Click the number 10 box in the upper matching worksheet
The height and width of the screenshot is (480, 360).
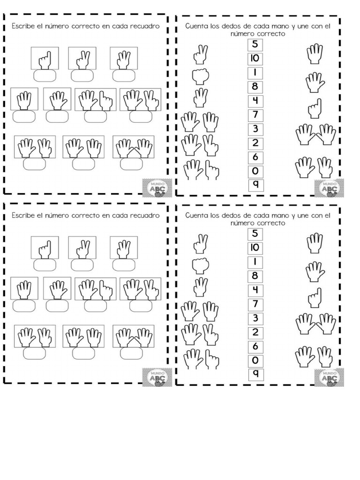point(255,58)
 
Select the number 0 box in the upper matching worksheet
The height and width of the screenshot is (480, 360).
point(255,171)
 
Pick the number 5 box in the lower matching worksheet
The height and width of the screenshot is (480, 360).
point(255,233)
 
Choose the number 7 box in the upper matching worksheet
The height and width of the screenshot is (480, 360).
point(255,115)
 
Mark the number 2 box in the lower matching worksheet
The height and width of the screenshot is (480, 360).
point(255,332)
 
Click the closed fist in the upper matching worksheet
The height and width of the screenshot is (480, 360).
point(200,76)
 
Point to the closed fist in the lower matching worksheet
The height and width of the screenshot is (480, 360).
point(200,266)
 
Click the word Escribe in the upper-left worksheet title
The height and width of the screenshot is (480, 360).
point(23,26)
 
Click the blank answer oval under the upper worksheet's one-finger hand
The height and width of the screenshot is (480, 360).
point(45,75)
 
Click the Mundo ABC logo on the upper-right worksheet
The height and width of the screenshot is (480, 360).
point(329,188)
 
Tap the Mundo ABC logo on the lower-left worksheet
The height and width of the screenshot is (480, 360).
point(157,377)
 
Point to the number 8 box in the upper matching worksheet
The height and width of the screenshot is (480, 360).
point(255,86)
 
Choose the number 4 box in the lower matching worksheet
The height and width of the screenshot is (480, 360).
point(255,290)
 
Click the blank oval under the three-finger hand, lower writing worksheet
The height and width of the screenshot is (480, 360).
point(124,265)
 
